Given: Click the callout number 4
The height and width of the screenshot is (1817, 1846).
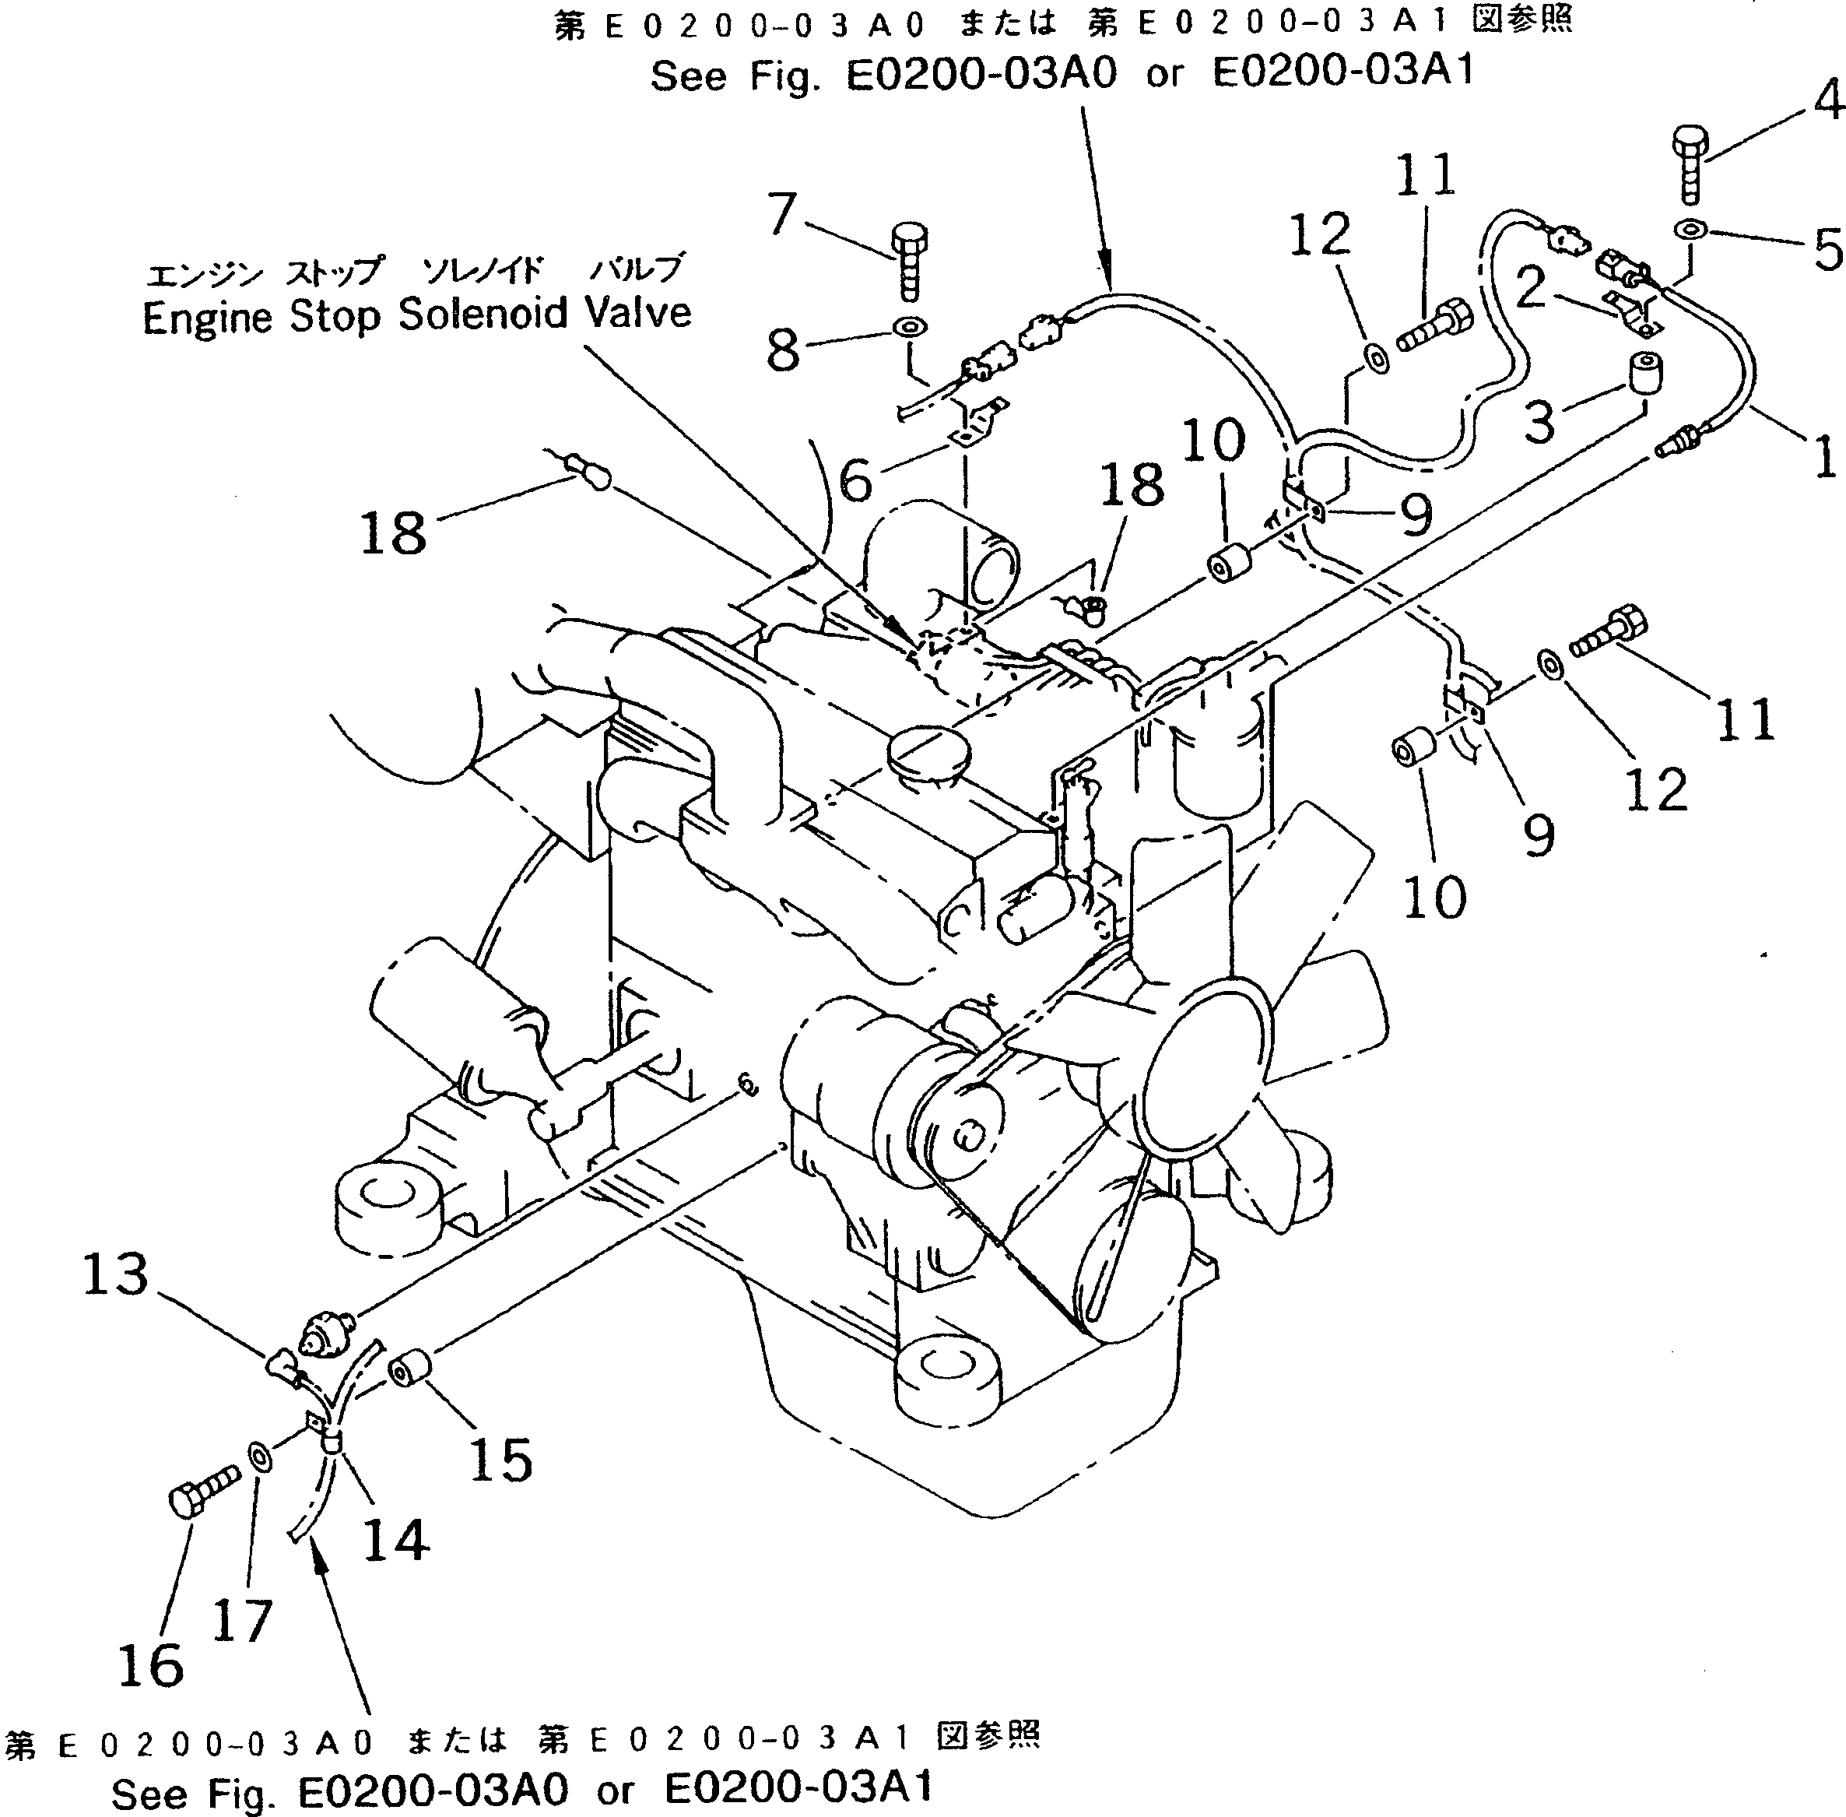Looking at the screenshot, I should click(x=1826, y=101).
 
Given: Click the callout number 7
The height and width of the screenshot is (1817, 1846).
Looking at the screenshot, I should click(x=782, y=214).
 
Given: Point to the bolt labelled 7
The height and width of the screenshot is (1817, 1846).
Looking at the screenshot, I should click(x=908, y=258).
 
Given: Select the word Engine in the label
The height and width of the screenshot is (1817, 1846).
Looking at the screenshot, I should click(x=207, y=318).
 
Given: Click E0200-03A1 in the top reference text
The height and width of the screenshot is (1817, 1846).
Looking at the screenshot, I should click(x=1342, y=72).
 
